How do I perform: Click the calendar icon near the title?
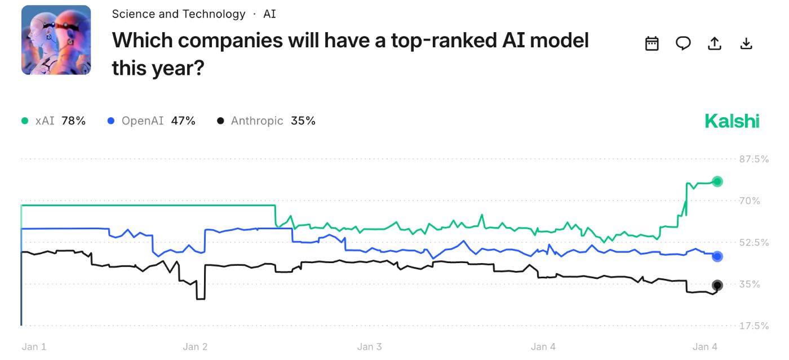click(652, 43)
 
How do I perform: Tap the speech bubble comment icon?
click(683, 43)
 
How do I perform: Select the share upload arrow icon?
click(715, 43)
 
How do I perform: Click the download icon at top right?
click(746, 43)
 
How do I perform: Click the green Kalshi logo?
click(732, 121)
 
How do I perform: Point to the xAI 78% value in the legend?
click(73, 121)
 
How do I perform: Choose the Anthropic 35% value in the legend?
click(303, 121)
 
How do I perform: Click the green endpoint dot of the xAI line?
click(717, 181)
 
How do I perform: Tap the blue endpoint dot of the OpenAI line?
click(717, 256)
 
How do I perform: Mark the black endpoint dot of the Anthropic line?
click(717, 285)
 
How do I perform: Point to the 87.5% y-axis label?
click(753, 159)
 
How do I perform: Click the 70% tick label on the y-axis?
click(750, 201)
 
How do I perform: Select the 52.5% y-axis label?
click(753, 242)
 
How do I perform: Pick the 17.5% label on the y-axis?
click(753, 326)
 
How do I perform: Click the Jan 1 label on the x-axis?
click(34, 346)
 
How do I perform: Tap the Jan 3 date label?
click(370, 346)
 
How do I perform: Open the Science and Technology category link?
click(179, 14)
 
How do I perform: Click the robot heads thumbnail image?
click(56, 40)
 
